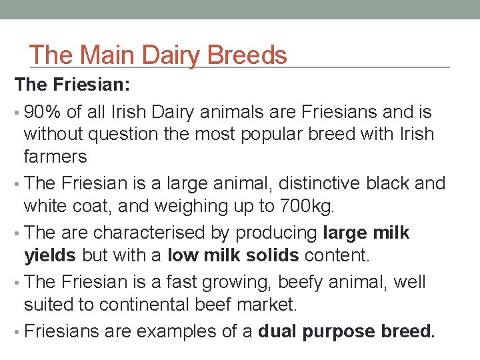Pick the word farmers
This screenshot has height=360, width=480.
click(x=55, y=157)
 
